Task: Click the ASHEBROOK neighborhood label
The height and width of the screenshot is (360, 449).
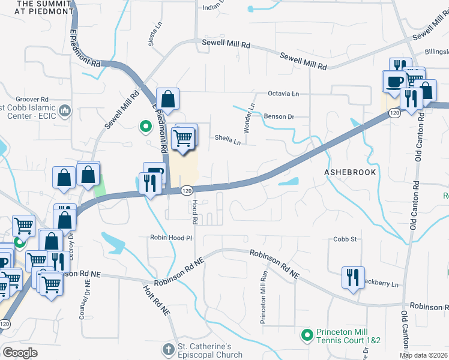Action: [x=350, y=172]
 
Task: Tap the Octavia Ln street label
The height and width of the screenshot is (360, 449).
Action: [x=283, y=94]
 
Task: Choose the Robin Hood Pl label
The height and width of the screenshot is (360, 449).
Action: [x=171, y=238]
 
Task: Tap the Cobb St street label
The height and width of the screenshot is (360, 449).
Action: [x=345, y=239]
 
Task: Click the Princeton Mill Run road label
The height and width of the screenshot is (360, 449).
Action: [x=263, y=297]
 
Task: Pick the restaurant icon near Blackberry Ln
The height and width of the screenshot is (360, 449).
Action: [x=352, y=277]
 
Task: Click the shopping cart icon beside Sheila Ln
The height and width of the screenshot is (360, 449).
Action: [x=184, y=138]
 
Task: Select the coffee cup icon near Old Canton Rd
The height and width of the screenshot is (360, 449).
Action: [x=394, y=80]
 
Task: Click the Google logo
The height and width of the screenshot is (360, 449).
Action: [x=20, y=353]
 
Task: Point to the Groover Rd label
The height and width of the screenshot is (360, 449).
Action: [x=32, y=99]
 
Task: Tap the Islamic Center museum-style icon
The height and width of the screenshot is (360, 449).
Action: [x=65, y=111]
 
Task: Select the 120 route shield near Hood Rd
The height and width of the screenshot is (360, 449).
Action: [x=187, y=190]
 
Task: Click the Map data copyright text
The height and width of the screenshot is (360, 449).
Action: [x=423, y=355]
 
